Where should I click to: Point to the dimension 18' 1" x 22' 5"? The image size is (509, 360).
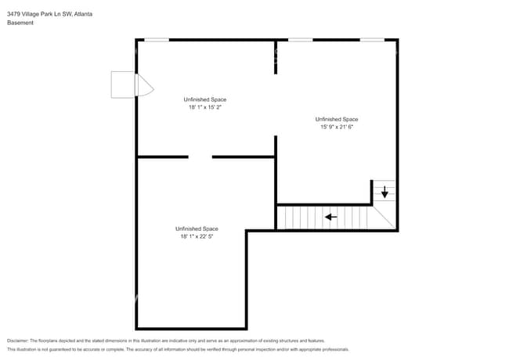click(197, 236)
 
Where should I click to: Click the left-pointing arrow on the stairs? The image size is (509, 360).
click(331, 217)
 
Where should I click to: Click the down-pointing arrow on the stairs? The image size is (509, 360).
click(384, 192)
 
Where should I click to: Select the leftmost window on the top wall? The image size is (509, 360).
click(157, 39)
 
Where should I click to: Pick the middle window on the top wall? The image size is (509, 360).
click(300, 39)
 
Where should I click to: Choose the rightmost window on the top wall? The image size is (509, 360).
click(372, 39)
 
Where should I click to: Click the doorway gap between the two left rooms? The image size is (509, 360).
click(200, 157)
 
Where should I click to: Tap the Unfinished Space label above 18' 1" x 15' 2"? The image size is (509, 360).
click(205, 99)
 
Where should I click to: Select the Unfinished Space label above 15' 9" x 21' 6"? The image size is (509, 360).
click(339, 119)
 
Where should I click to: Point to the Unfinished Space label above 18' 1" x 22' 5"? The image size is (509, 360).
click(197, 228)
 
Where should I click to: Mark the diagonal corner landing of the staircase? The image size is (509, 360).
click(384, 215)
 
